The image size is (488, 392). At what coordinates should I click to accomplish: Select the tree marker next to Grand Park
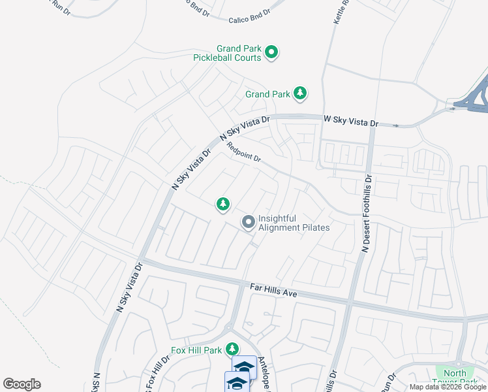300,94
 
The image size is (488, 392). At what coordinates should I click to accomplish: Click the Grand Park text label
267,95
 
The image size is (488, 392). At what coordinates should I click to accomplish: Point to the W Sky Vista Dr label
351,122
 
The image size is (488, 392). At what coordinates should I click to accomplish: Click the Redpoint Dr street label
244,154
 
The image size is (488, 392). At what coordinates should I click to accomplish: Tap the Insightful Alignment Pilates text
294,223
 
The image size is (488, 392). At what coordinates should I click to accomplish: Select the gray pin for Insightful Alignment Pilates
248,223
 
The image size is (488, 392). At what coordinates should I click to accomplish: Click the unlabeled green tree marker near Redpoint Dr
223,204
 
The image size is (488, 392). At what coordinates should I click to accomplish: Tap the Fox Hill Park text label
196,350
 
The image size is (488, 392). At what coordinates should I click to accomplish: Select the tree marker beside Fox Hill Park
232,350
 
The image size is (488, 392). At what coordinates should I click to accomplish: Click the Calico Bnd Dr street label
249,20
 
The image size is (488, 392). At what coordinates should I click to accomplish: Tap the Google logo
22,384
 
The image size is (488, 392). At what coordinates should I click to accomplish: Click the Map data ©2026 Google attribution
447,387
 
